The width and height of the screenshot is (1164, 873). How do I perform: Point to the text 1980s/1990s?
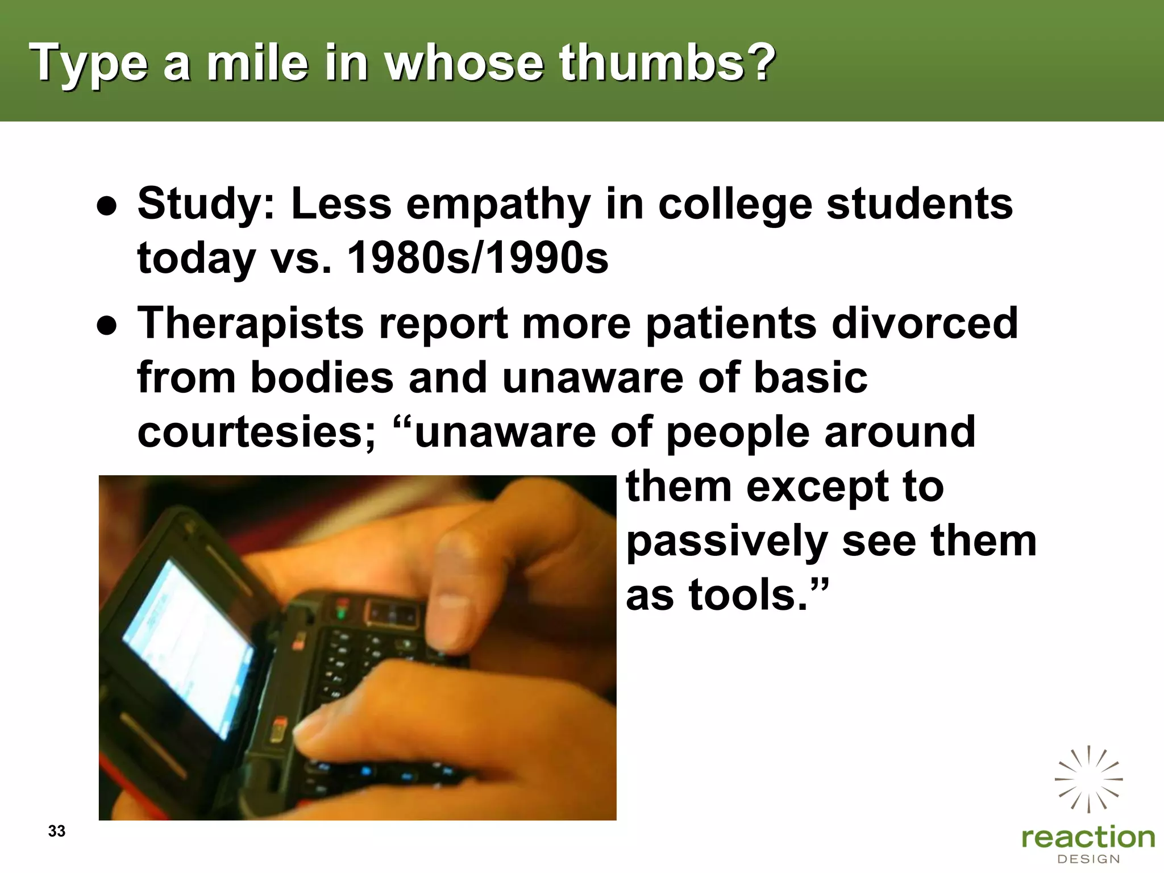click(x=477, y=258)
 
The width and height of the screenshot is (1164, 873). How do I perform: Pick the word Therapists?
click(x=250, y=323)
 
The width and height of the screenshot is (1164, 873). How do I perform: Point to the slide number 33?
click(x=57, y=831)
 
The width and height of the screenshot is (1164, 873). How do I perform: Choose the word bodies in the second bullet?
click(x=322, y=377)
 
